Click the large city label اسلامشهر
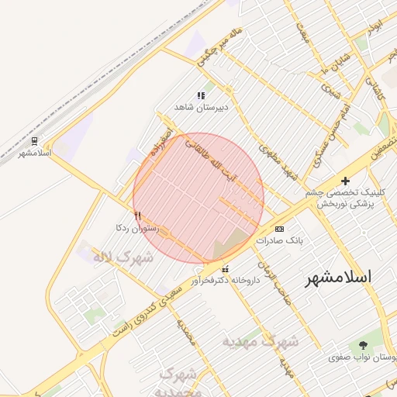click(x=338, y=277)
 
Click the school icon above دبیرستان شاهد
click(x=201, y=95)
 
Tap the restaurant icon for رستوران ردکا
click(x=137, y=216)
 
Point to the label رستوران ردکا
click(x=136, y=229)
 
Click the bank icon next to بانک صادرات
click(x=279, y=230)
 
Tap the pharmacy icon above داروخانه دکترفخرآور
click(x=225, y=269)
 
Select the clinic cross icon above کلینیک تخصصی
click(x=346, y=180)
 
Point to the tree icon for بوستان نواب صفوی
click(x=363, y=344)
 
